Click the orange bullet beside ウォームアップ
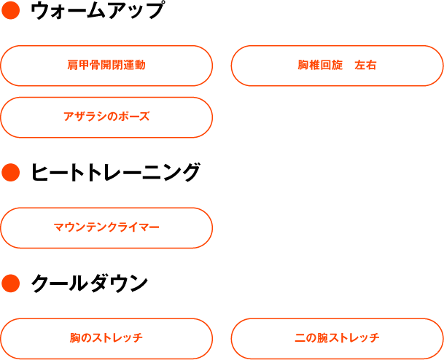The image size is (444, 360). pyautogui.click(x=10, y=10)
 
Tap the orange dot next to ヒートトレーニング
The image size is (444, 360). pyautogui.click(x=10, y=173)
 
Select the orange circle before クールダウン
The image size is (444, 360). pyautogui.click(x=10, y=283)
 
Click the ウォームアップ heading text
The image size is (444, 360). pyautogui.click(x=97, y=11)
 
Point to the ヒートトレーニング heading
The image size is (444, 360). pyautogui.click(x=115, y=173)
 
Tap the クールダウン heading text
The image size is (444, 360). pyautogui.click(x=89, y=283)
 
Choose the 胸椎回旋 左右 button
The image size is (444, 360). pyautogui.click(x=337, y=66)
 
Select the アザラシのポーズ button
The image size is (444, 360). pyautogui.click(x=106, y=117)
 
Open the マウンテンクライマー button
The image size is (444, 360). pyautogui.click(x=106, y=228)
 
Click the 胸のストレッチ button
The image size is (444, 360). pyautogui.click(x=106, y=339)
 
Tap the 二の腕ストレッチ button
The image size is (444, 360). pyautogui.click(x=337, y=339)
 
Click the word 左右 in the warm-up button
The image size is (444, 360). pyautogui.click(x=365, y=65)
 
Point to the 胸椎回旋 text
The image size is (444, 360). pyautogui.click(x=320, y=65)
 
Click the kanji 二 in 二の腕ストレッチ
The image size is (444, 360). pyautogui.click(x=300, y=338)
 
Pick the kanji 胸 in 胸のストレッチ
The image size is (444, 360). pyautogui.click(x=75, y=338)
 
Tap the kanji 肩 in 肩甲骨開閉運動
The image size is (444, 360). pyautogui.click(x=73, y=65)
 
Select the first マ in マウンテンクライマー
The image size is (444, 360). pyautogui.click(x=59, y=227)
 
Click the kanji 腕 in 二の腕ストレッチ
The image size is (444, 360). pyautogui.click(x=322, y=338)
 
